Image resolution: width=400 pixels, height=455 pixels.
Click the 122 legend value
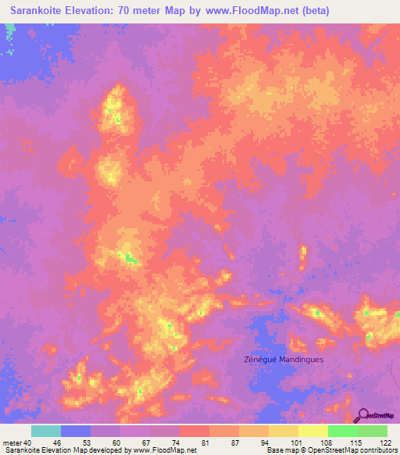387,442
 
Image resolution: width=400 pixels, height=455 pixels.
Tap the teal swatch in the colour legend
46,431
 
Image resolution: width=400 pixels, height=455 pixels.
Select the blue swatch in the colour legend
76,431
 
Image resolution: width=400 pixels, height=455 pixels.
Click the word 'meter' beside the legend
12,442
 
